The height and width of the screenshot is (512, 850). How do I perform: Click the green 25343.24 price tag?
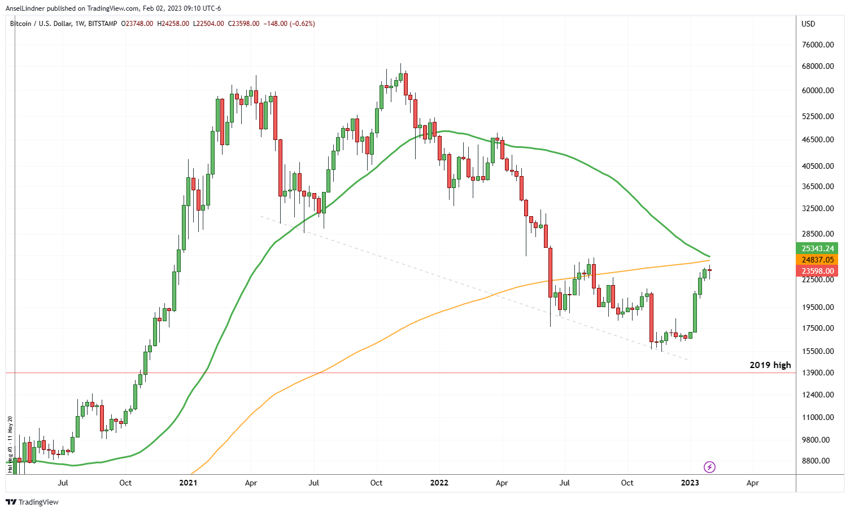[x=818, y=248]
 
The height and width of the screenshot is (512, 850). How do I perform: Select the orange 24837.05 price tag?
[x=818, y=260]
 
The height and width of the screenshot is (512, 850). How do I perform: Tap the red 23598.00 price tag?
[x=818, y=271]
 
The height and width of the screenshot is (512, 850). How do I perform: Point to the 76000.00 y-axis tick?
[x=818, y=45]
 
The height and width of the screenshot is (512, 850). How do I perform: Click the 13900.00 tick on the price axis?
[x=818, y=373]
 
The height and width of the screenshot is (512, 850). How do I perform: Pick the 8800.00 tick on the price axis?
[x=818, y=461]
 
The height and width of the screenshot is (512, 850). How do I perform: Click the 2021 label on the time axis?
[x=188, y=483]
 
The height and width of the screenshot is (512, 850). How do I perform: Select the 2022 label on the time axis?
[x=439, y=483]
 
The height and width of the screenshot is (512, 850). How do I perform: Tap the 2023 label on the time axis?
[x=690, y=483]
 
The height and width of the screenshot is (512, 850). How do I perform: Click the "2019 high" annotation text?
[x=770, y=365]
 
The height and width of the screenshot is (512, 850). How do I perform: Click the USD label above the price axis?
[x=808, y=24]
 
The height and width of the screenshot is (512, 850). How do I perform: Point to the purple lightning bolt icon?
[x=710, y=467]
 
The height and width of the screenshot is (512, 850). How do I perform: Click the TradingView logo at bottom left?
[x=32, y=502]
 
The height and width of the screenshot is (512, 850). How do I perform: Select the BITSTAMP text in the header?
[x=103, y=24]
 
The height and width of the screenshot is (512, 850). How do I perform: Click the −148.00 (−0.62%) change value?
[x=289, y=24]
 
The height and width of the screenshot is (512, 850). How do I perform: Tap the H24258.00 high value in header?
[x=173, y=24]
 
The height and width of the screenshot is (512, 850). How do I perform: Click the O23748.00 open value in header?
[x=137, y=24]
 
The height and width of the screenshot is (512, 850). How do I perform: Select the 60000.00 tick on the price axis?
[x=818, y=90]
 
